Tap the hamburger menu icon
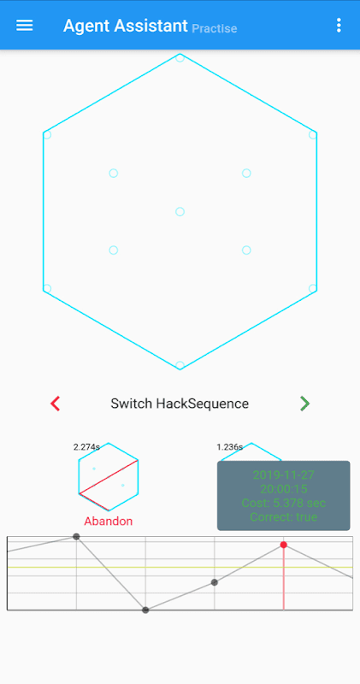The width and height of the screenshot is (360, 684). click(25, 26)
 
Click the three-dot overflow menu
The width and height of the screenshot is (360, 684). click(339, 26)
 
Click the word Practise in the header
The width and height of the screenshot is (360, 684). click(215, 29)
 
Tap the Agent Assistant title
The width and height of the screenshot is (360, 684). click(126, 26)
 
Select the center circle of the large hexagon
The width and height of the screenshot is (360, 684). click(180, 211)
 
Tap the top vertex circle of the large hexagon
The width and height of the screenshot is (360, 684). click(180, 57)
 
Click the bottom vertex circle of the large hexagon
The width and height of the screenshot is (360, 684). click(180, 365)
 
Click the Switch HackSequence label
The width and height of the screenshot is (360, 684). click(180, 404)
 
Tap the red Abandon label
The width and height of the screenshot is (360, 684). click(109, 521)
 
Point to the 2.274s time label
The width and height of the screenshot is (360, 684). click(87, 446)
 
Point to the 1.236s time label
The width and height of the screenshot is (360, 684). click(229, 446)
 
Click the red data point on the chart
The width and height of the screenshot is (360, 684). click(284, 545)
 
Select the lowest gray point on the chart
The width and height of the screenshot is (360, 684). click(145, 610)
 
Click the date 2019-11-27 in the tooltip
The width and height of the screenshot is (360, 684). click(284, 475)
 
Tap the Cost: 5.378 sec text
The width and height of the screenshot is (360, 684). click(284, 503)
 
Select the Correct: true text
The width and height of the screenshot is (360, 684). click(284, 517)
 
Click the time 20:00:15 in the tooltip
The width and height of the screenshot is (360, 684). click(284, 488)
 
